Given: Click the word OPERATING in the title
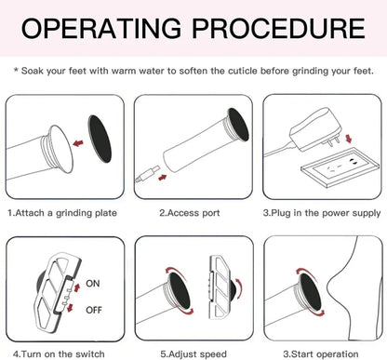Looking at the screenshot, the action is (100, 28).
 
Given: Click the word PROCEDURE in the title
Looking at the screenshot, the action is (278, 28).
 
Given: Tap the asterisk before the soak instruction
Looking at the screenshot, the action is (16, 70).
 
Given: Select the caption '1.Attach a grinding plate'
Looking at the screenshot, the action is (62, 213).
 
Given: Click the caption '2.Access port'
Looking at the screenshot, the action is (190, 213).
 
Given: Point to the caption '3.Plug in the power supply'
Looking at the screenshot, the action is (322, 213).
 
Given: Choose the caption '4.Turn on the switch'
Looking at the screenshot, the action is (59, 353).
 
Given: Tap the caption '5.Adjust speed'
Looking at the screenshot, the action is (193, 354).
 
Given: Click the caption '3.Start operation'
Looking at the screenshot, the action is (321, 354).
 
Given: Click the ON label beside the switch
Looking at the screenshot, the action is (93, 284).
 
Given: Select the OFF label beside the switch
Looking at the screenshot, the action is (94, 310).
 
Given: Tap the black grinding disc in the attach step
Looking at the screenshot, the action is (100, 139).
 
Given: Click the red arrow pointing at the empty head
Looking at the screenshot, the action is (78, 143).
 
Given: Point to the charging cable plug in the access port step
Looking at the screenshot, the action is (148, 174).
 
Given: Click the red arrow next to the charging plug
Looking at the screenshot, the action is (163, 178).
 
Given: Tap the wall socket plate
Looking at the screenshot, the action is (340, 167).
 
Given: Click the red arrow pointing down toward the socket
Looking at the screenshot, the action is (349, 139).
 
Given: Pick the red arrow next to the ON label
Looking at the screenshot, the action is (76, 287).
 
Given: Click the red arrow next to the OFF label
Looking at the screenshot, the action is (70, 307).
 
